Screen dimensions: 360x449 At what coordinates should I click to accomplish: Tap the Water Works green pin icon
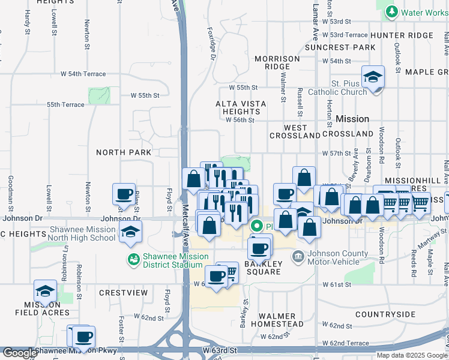[x=392, y=11]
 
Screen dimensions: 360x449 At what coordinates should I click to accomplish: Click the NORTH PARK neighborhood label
[x=124, y=152]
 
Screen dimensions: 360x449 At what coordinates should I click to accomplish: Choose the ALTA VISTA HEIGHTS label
[x=241, y=107]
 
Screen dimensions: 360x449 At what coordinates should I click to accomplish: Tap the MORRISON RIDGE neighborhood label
[x=277, y=62]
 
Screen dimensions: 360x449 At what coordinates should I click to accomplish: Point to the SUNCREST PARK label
[x=331, y=47]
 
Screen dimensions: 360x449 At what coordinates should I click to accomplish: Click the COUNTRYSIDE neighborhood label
[x=385, y=314]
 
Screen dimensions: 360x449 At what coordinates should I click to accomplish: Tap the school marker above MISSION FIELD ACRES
[x=45, y=292]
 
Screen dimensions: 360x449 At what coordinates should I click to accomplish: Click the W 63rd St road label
[x=220, y=349]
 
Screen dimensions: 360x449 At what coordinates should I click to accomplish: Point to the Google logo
[x=19, y=353]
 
